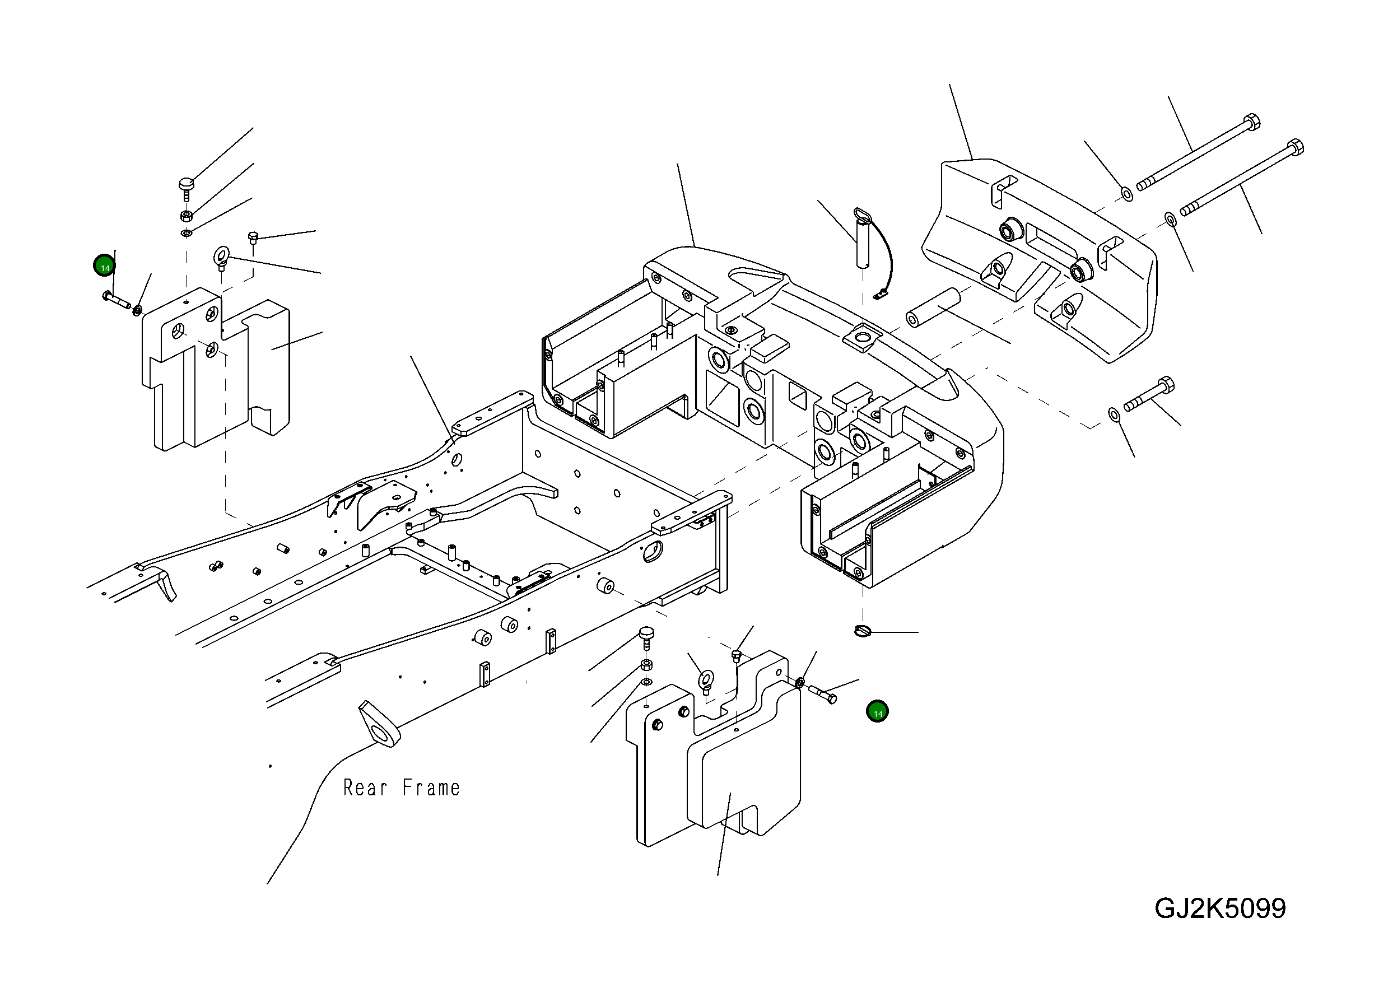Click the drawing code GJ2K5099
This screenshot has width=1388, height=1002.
1220,908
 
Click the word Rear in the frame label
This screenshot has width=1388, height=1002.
365,788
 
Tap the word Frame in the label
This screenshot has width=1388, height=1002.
431,788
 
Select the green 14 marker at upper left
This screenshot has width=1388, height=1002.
105,266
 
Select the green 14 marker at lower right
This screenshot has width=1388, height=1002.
877,711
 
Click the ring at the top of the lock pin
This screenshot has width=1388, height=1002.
862,216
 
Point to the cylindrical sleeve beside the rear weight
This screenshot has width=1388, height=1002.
933,307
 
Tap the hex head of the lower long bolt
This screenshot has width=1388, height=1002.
1295,147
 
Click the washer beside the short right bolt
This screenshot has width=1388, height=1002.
1115,415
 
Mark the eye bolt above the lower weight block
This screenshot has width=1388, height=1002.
706,679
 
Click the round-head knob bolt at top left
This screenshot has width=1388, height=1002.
187,184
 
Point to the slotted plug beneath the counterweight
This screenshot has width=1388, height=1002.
862,631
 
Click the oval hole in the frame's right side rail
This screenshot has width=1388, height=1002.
653,549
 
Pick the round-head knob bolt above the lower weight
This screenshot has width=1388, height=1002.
646,634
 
